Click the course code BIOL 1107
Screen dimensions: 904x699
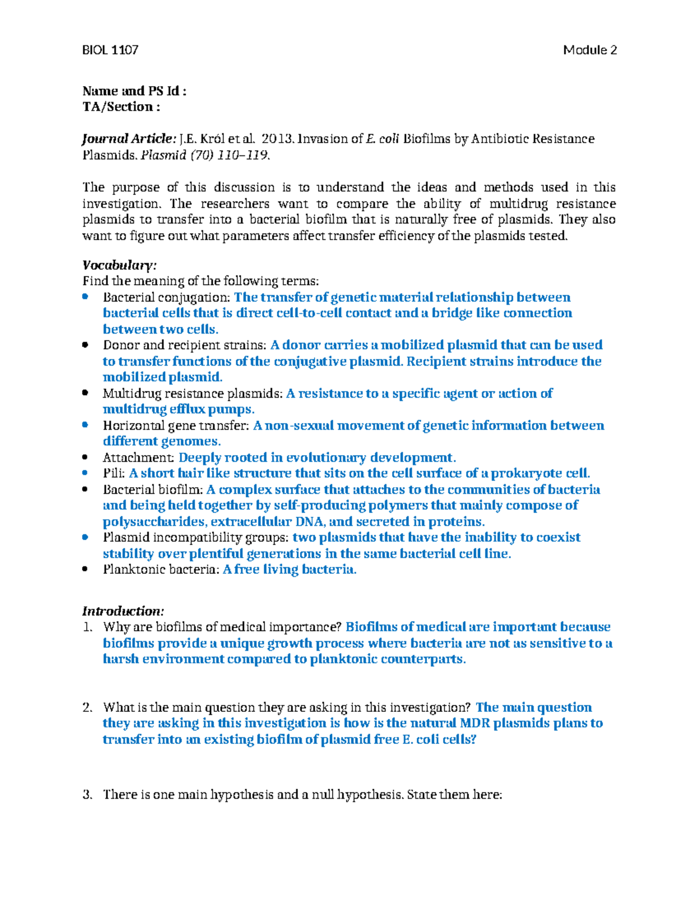[110, 50]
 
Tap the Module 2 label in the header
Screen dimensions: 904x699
[589, 50]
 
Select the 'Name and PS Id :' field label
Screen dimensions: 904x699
[134, 91]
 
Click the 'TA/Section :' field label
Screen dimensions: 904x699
[121, 107]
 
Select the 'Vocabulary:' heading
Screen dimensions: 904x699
[119, 265]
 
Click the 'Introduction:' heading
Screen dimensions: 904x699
[123, 611]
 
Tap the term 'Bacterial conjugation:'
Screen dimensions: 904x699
[167, 297]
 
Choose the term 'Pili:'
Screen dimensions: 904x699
[114, 473]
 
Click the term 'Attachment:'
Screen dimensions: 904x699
[139, 458]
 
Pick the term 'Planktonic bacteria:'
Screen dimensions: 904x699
[161, 569]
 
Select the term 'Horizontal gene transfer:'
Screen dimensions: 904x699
[176, 426]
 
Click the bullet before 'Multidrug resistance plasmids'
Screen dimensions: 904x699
[86, 393]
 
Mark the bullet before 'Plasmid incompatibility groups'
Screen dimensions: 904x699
[86, 537]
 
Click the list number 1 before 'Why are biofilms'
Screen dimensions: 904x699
[87, 628]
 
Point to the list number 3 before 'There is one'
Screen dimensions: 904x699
[87, 795]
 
